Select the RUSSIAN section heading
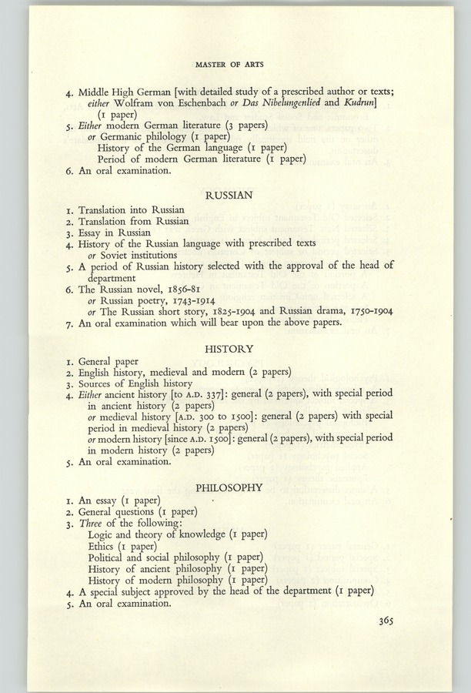(235, 196)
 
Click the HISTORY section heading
(235, 348)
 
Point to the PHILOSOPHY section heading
(235, 487)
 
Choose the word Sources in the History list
(96, 383)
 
